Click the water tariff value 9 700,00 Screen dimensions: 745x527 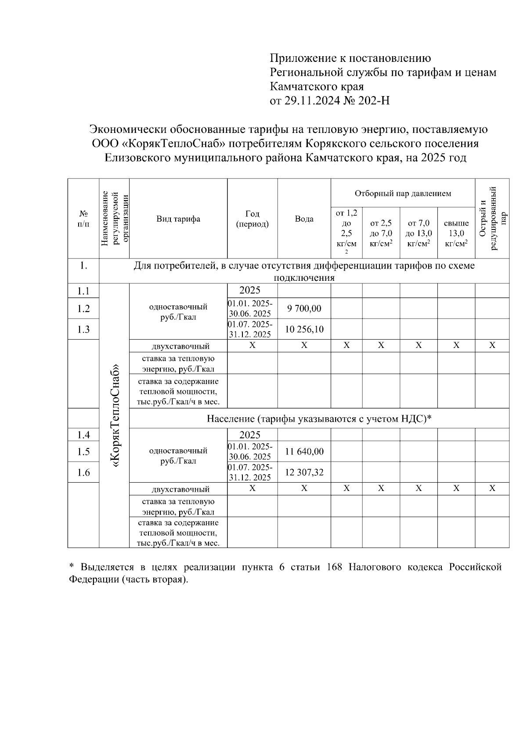point(304,308)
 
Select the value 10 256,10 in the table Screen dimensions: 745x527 point(304,329)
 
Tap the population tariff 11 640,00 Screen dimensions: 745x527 point(304,451)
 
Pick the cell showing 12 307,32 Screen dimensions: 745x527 point(304,472)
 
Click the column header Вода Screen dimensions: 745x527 point(304,219)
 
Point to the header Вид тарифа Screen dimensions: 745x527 point(178,219)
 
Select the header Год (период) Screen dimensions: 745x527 point(252,219)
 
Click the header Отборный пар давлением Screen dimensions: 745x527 point(403,193)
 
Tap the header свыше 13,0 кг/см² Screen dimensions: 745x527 point(456,233)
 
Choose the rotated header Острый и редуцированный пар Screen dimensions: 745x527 point(492,218)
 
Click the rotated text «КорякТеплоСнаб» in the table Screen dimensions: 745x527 point(116,415)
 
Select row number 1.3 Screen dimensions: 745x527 point(83,329)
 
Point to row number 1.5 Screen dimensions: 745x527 point(83,451)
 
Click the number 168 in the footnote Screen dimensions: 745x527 point(335,567)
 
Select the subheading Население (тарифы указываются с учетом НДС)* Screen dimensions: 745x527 point(319,419)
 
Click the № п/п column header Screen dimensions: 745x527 point(83,219)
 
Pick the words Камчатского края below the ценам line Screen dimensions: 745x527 point(316,86)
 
